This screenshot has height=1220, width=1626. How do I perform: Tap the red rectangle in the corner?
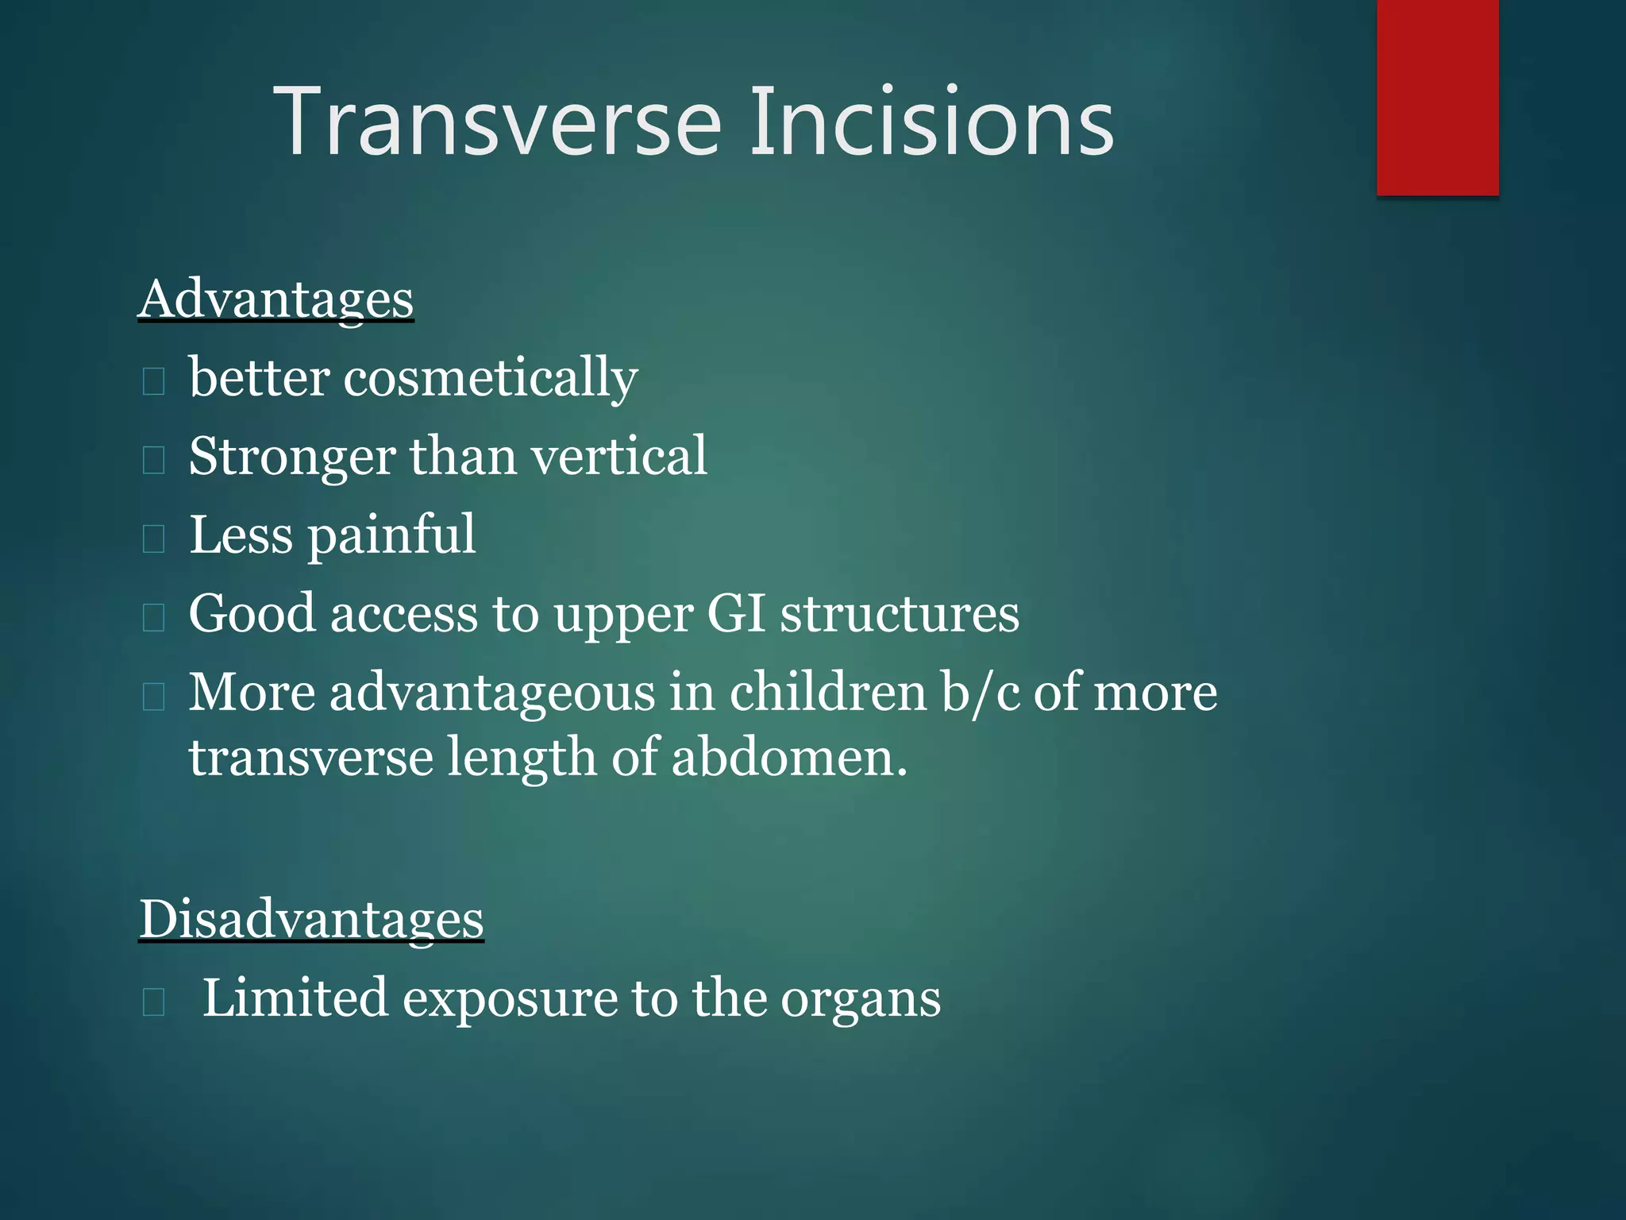pyautogui.click(x=1437, y=97)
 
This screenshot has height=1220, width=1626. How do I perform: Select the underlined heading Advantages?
pyautogui.click(x=275, y=300)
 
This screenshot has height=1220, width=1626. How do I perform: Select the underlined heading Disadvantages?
pyautogui.click(x=311, y=920)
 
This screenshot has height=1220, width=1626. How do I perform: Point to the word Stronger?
pyautogui.click(x=291, y=457)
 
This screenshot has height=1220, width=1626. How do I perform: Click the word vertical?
pyautogui.click(x=618, y=456)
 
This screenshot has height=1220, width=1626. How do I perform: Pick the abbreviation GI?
pyautogui.click(x=735, y=614)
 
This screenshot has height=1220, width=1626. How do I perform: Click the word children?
pyautogui.click(x=826, y=692)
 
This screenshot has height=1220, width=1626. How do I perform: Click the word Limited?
pyautogui.click(x=295, y=998)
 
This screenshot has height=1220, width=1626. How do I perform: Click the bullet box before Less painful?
pyautogui.click(x=153, y=539)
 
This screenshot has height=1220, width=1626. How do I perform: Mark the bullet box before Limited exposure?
pyautogui.click(x=153, y=1002)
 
